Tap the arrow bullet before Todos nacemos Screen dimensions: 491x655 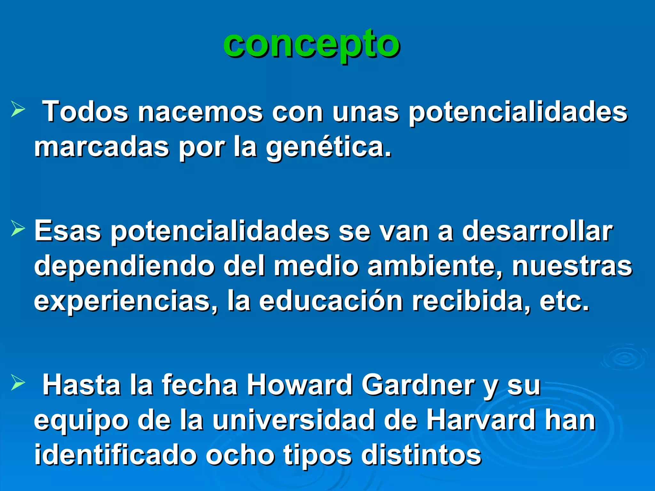click(x=18, y=109)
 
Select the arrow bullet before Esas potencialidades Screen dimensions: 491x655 click(x=18, y=228)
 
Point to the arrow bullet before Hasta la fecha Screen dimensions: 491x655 click(x=18, y=382)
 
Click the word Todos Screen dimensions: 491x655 click(x=85, y=112)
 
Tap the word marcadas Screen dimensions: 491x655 click(x=101, y=147)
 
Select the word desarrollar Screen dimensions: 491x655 click(x=537, y=231)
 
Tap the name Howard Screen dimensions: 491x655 click(x=299, y=385)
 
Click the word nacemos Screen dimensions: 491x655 click(x=200, y=113)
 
